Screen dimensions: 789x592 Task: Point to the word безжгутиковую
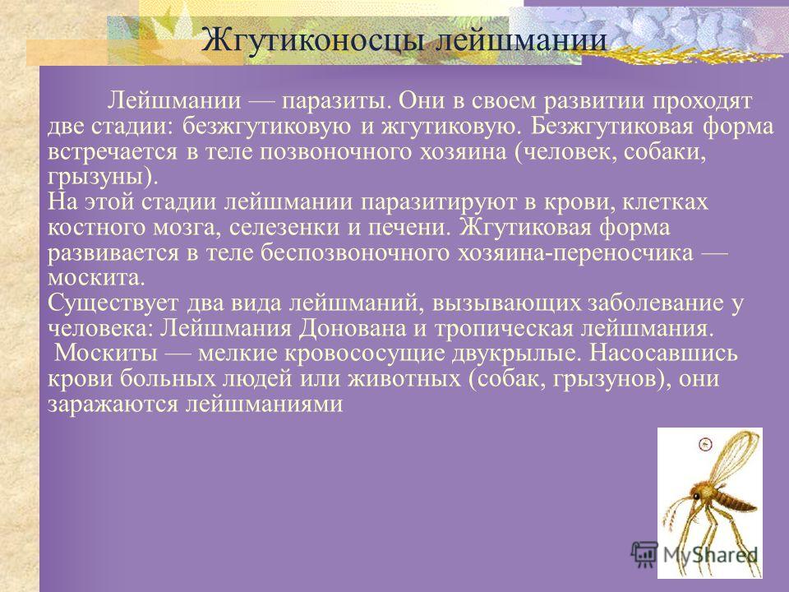pyautogui.click(x=266, y=127)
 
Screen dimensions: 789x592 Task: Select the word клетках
pyautogui.click(x=665, y=202)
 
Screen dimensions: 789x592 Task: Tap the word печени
pyautogui.click(x=408, y=228)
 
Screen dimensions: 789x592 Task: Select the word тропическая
pyautogui.click(x=504, y=328)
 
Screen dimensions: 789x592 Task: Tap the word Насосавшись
pyautogui.click(x=664, y=354)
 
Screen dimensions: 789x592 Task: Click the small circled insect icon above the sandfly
pyautogui.click(x=705, y=444)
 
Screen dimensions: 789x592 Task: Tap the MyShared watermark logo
pyautogui.click(x=694, y=555)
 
